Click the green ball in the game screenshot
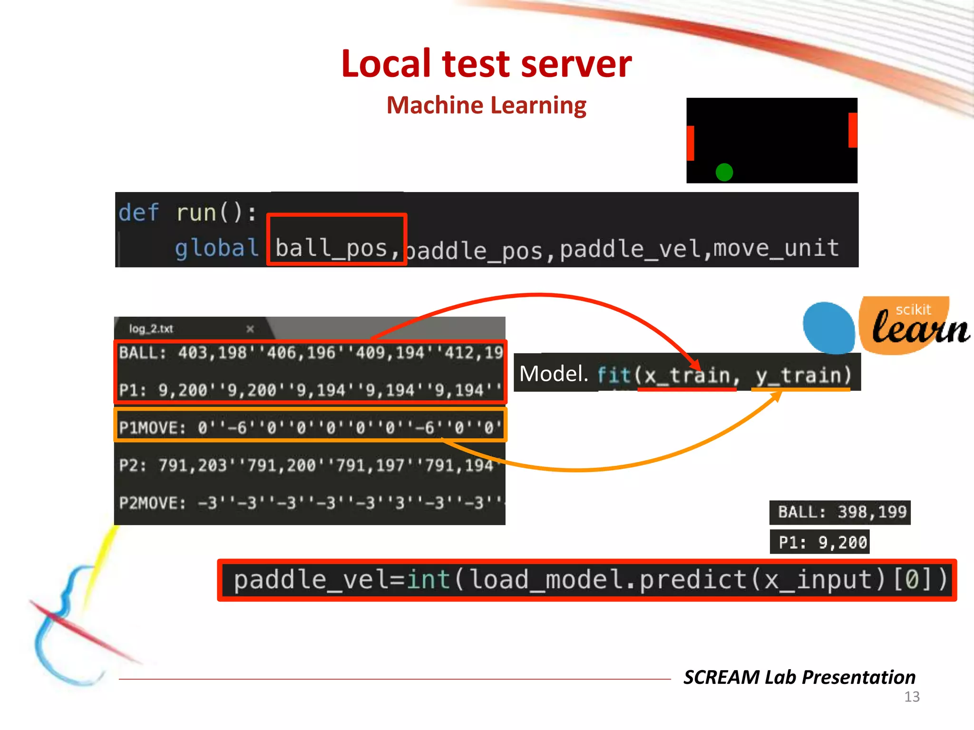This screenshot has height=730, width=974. (724, 172)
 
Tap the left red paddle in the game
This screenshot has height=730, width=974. (691, 143)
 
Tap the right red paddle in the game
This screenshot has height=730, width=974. (853, 130)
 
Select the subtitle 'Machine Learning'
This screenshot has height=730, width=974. (486, 105)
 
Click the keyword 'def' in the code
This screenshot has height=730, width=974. (138, 212)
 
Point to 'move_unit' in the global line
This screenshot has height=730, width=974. (776, 248)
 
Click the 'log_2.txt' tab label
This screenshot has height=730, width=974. (151, 329)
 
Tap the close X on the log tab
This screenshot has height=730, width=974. (250, 329)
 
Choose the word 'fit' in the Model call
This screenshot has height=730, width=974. (614, 375)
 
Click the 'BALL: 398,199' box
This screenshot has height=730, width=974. (840, 512)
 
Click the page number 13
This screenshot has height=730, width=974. (912, 697)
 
